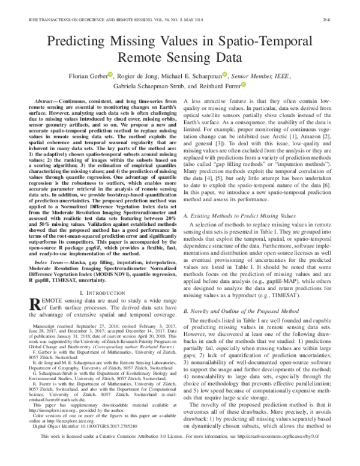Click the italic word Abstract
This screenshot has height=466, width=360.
[x=47, y=103]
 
